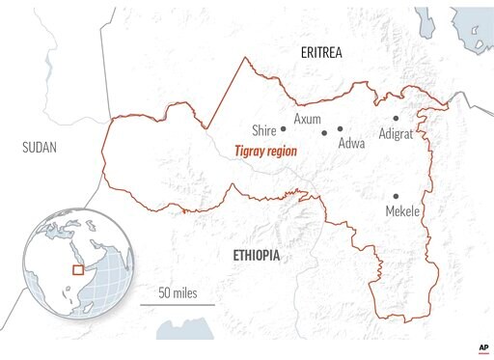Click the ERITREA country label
click(322, 51)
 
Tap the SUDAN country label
click(39, 148)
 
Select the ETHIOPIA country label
click(257, 255)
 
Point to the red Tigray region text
click(266, 152)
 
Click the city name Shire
click(263, 129)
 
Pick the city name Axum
click(307, 119)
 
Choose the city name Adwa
click(351, 143)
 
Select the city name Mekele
click(402, 210)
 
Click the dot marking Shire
click(284, 128)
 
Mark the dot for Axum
click(325, 132)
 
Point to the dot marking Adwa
click(341, 128)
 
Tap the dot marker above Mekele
click(396, 196)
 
